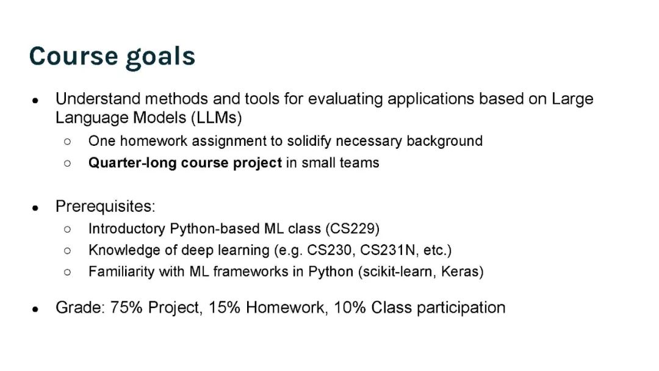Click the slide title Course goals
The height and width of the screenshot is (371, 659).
112,56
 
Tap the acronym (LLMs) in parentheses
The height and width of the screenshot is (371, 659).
217,118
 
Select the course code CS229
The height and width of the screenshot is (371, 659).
353,229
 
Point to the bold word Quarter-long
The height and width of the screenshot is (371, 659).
132,163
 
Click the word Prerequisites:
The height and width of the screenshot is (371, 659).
106,206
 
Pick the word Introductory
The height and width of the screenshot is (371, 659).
127,229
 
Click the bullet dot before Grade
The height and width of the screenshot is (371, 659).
35,309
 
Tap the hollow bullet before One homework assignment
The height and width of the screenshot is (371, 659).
67,142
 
